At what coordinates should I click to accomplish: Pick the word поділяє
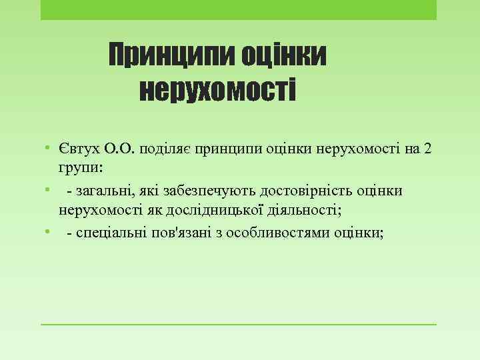pos(163,147)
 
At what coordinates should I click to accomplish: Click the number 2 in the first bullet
pos(427,147)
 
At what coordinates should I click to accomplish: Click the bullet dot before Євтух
pos(48,147)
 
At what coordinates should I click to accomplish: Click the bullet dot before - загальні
pos(48,190)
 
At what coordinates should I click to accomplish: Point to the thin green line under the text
pos(239,325)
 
